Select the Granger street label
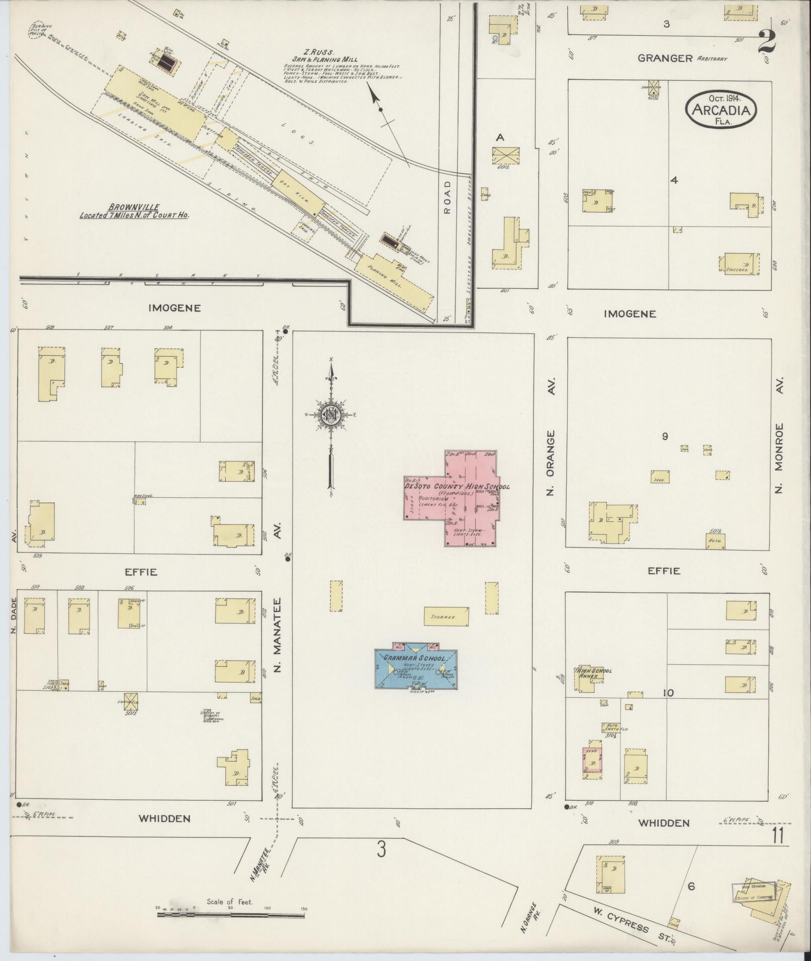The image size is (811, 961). click(x=665, y=58)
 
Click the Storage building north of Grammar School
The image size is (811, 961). click(x=447, y=616)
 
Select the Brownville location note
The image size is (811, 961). click(x=134, y=210)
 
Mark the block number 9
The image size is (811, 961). click(x=665, y=436)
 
